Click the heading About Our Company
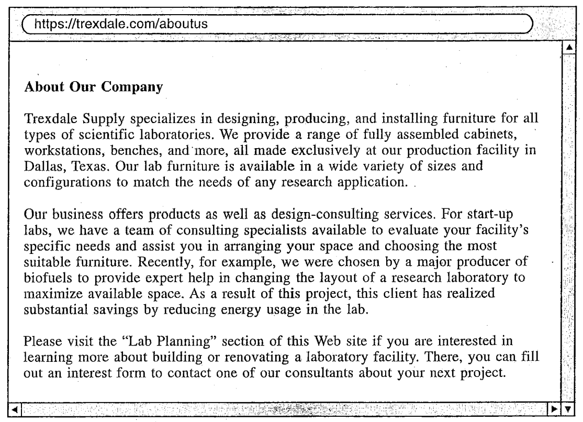click(x=92, y=86)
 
